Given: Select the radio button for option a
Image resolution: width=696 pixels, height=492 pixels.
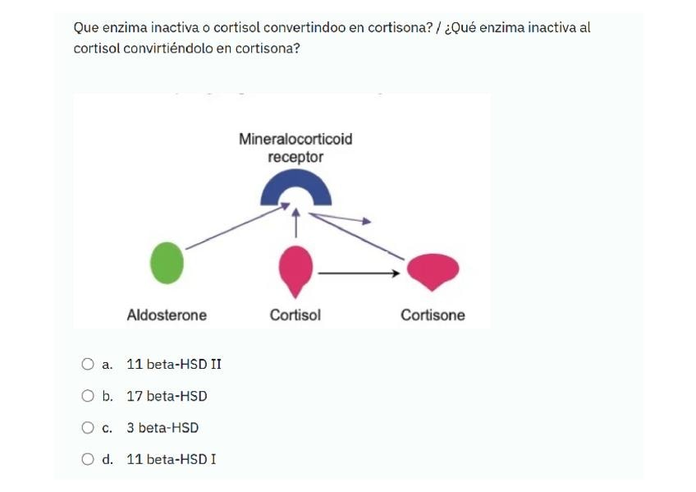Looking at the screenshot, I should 88,364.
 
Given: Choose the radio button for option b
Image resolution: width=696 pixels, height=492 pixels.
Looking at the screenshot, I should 88,396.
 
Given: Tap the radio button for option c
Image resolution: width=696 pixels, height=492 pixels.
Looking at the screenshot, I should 88,428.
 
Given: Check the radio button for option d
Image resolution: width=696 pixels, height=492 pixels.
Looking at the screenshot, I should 88,459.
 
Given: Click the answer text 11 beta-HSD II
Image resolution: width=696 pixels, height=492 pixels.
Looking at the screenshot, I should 174,364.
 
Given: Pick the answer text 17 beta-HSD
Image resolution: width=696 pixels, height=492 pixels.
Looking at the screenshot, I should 167,396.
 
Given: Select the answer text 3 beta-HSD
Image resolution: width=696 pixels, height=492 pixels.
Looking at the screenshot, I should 163,428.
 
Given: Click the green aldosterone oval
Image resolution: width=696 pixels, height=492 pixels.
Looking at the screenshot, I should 167,263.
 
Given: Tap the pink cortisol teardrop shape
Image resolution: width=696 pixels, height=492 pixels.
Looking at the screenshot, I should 295,268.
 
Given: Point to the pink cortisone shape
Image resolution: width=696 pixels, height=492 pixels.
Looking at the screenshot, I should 433,270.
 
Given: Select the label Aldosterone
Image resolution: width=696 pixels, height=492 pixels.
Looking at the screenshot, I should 167,315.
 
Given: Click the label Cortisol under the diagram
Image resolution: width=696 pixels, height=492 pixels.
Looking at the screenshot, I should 295,315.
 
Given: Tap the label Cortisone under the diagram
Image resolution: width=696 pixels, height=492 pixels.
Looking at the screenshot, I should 433,315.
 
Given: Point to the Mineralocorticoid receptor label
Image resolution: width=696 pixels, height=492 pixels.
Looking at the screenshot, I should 295,148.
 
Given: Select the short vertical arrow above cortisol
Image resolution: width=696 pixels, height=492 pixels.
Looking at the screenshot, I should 295,222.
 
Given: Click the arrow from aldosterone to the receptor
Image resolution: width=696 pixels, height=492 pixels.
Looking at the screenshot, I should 234,228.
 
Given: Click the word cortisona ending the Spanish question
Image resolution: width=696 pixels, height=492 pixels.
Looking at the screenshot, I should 267,48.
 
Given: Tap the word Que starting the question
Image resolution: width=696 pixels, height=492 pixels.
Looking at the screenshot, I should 85,28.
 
